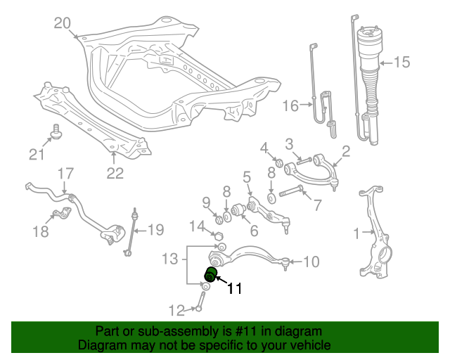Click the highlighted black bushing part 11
212,274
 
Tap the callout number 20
63,24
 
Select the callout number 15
401,63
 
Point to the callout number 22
115,172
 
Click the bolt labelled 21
55,131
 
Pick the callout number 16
291,106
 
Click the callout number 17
65,174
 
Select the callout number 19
155,229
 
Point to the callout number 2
346,150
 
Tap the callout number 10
311,262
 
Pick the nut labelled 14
218,235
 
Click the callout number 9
207,203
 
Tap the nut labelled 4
278,164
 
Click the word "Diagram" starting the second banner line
102,345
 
